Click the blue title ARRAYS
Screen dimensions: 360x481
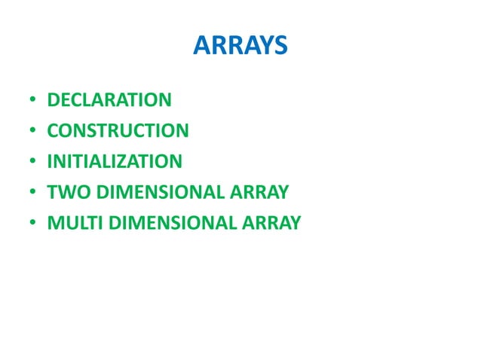240,47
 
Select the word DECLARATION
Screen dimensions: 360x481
109,100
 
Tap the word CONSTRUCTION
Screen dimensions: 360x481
118,131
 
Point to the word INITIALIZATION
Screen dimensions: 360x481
115,161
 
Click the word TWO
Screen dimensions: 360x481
63,192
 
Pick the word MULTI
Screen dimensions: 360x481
70,223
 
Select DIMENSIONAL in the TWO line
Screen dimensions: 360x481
157,192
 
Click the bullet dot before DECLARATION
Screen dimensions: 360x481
33,101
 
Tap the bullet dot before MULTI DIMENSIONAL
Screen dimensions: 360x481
33,224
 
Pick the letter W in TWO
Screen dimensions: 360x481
63,192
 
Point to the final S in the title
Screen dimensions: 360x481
280,47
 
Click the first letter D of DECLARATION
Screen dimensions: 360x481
53,100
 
